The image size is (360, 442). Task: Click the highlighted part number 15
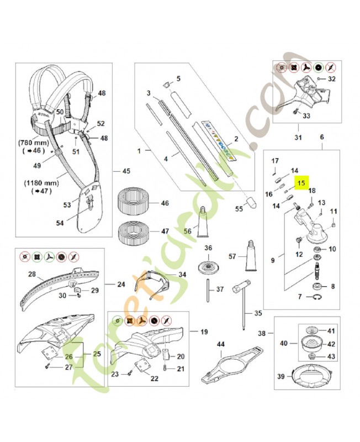(301, 183)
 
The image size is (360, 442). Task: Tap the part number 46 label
(165, 204)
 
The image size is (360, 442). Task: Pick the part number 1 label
(139, 150)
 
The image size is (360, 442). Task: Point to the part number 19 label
(204, 333)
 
